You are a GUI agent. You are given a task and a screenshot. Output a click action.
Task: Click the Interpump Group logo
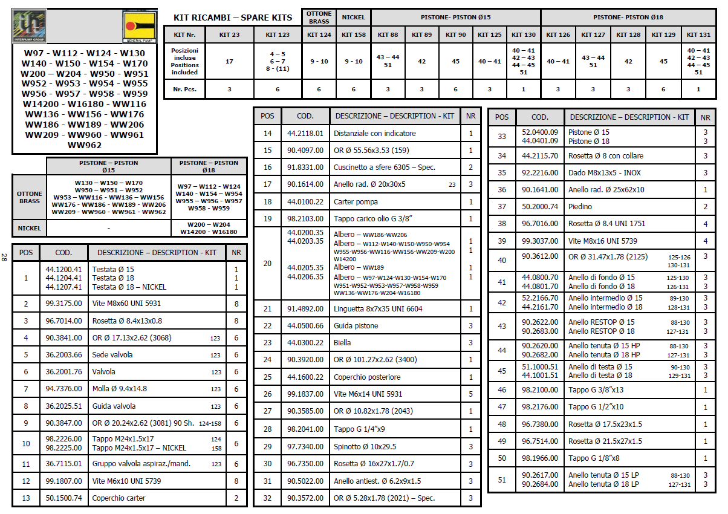29,27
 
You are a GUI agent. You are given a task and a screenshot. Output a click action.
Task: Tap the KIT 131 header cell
698,35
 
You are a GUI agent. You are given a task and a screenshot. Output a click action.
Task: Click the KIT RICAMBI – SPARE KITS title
233,18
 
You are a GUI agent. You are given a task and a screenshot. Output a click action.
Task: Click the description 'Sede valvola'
112,355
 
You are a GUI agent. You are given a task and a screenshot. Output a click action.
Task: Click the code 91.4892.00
305,309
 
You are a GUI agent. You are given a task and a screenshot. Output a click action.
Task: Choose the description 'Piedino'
580,207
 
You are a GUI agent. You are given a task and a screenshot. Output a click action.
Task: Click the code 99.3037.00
540,241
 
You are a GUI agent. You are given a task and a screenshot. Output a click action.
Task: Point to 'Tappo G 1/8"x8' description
594,458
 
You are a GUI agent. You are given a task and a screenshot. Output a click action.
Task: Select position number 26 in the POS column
268,394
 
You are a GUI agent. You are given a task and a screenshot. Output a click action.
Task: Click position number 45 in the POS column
502,371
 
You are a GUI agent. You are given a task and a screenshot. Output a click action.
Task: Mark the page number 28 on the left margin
5,257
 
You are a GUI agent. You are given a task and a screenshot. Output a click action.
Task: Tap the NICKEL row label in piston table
29,229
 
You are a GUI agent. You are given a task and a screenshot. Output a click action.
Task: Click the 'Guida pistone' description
356,326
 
